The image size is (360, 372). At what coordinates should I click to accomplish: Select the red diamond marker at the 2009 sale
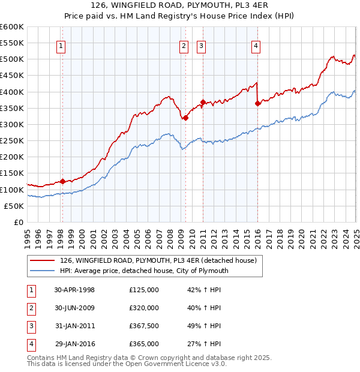tap(186, 118)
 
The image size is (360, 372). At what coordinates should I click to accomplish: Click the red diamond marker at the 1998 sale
tap(62, 181)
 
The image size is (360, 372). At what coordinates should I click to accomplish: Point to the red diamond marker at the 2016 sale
tap(257, 103)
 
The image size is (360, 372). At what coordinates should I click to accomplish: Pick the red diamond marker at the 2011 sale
tap(203, 103)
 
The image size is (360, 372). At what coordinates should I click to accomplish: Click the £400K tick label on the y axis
tap(12, 92)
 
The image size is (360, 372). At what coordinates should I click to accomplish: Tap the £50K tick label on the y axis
tap(14, 206)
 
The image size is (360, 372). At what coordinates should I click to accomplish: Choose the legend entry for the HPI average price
tap(143, 271)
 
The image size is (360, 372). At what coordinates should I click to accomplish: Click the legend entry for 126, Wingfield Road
tap(158, 260)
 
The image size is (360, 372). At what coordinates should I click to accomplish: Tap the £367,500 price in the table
tap(144, 326)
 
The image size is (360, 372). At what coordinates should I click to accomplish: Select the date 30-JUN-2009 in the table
tap(74, 308)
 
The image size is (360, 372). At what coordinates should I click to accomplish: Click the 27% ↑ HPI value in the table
tap(205, 344)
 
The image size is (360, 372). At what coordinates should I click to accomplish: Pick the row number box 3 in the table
tap(30, 326)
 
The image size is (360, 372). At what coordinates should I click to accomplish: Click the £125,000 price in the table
tap(144, 290)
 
